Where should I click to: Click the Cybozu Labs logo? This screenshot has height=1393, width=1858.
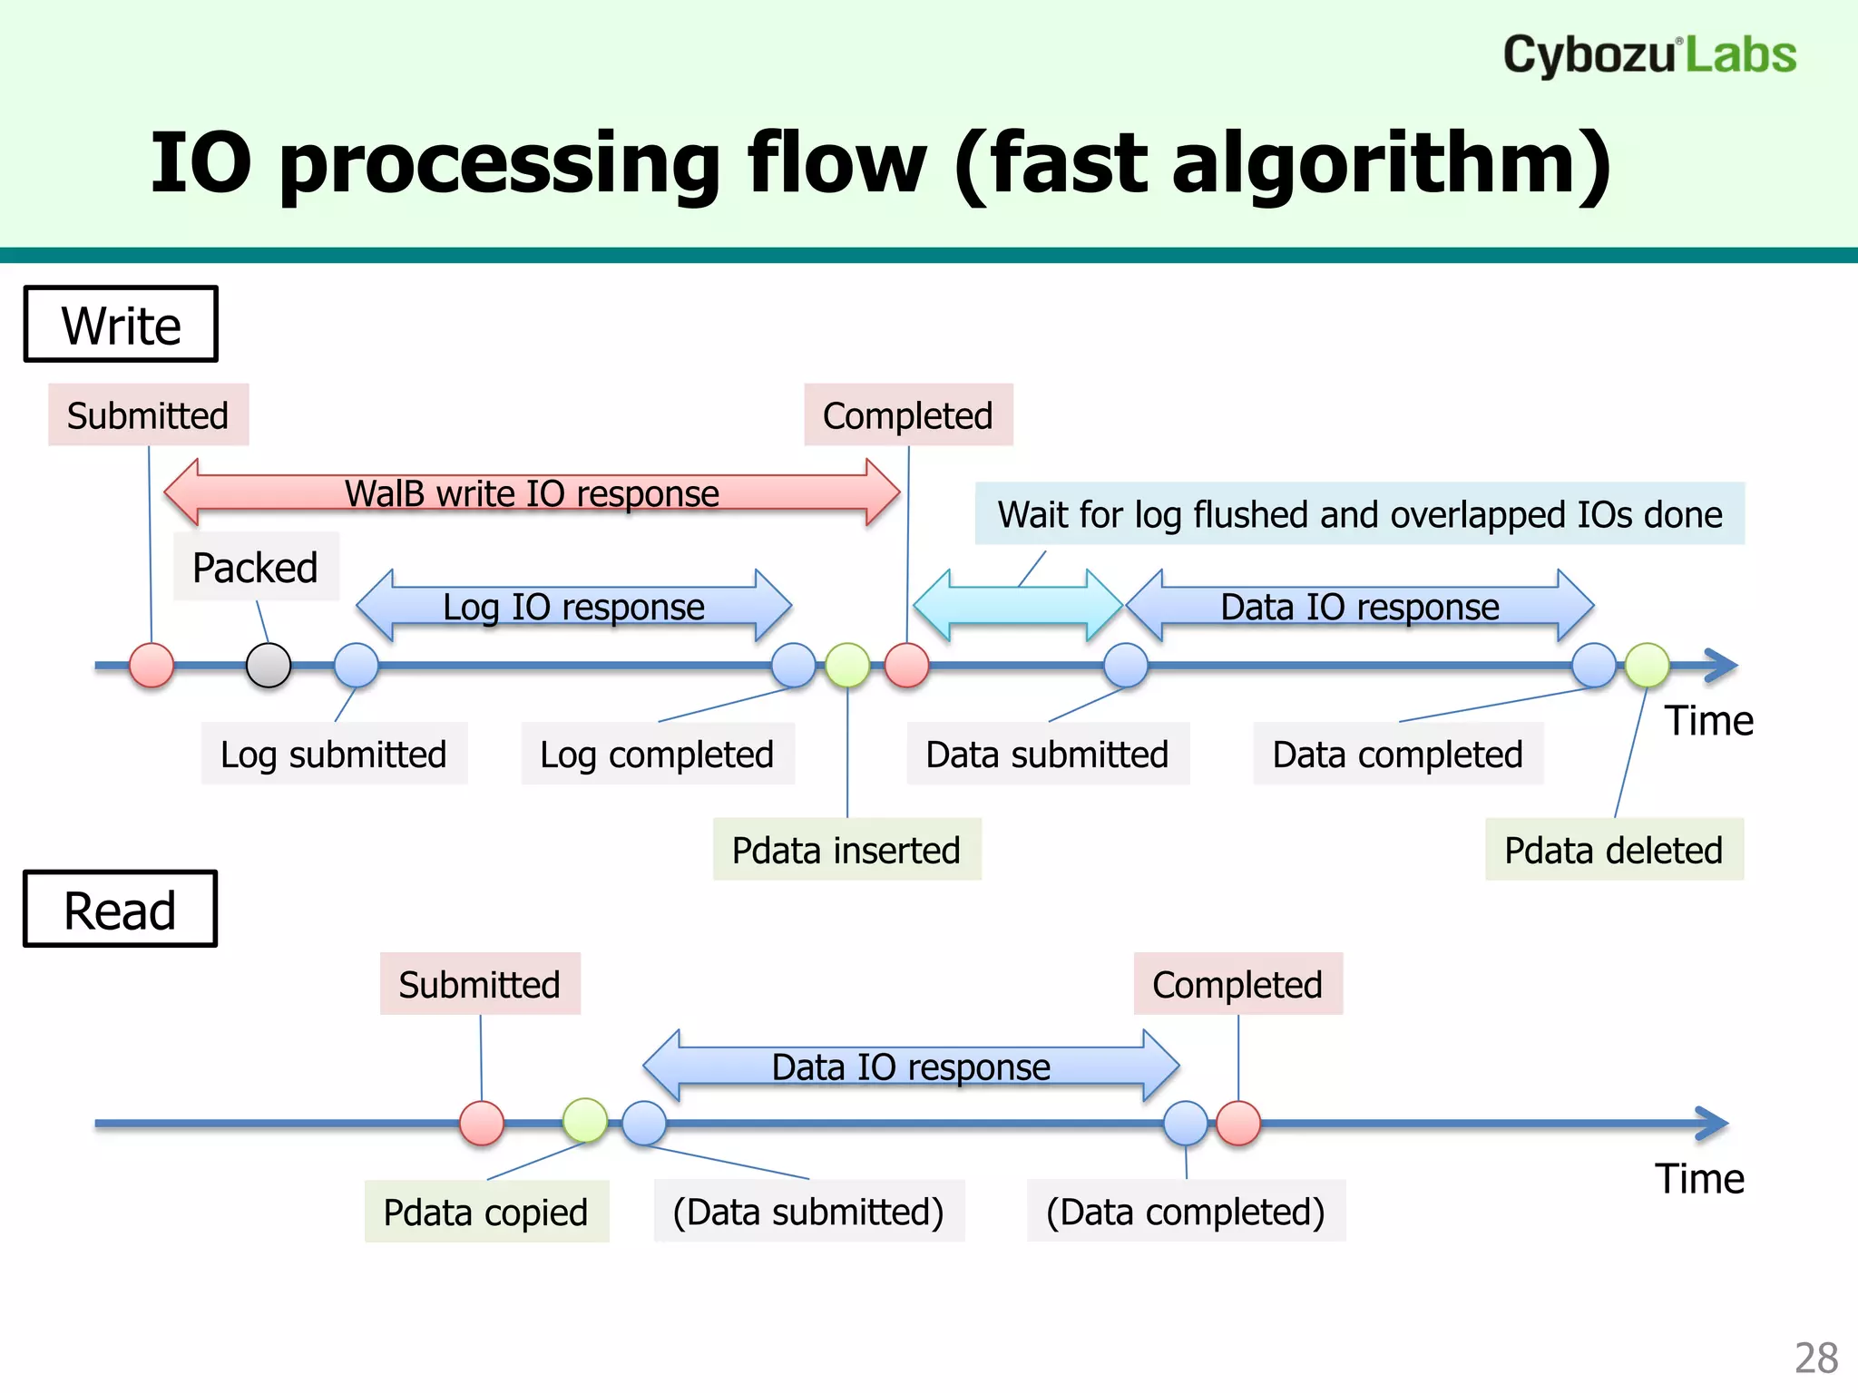pyautogui.click(x=1648, y=54)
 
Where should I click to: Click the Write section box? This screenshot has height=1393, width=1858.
pyautogui.click(x=121, y=325)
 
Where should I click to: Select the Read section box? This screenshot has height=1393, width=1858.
pyautogui.click(x=120, y=910)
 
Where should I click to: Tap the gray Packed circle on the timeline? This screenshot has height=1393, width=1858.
pyautogui.click(x=269, y=666)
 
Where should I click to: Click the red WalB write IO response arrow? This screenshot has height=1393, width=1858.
pyautogui.click(x=532, y=493)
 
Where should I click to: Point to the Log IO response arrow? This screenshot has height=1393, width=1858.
pyautogui.click(x=573, y=607)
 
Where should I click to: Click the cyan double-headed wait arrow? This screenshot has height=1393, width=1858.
pyautogui.click(x=1018, y=606)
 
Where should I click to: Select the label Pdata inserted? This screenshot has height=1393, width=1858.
pyautogui.click(x=846, y=850)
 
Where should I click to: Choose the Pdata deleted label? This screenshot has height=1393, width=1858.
pyautogui.click(x=1613, y=850)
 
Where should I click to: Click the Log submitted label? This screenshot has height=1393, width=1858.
pyautogui.click(x=334, y=754)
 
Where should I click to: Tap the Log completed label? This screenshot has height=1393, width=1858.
pyautogui.click(x=657, y=754)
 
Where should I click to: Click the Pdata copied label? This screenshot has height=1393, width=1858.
pyautogui.click(x=486, y=1212)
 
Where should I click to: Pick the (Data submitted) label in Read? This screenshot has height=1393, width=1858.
pyautogui.click(x=808, y=1212)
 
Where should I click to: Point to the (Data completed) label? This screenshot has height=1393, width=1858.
pyautogui.click(x=1186, y=1212)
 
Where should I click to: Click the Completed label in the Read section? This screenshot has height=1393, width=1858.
pyautogui.click(x=1237, y=984)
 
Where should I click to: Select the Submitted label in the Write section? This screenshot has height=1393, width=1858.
pyautogui.click(x=148, y=415)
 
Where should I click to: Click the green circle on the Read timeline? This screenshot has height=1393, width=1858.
pyautogui.click(x=585, y=1121)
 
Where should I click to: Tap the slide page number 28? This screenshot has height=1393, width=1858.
pyautogui.click(x=1815, y=1358)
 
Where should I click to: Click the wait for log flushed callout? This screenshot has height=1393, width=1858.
pyautogui.click(x=1359, y=514)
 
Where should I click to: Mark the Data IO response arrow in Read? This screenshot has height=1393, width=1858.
pyautogui.click(x=911, y=1066)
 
